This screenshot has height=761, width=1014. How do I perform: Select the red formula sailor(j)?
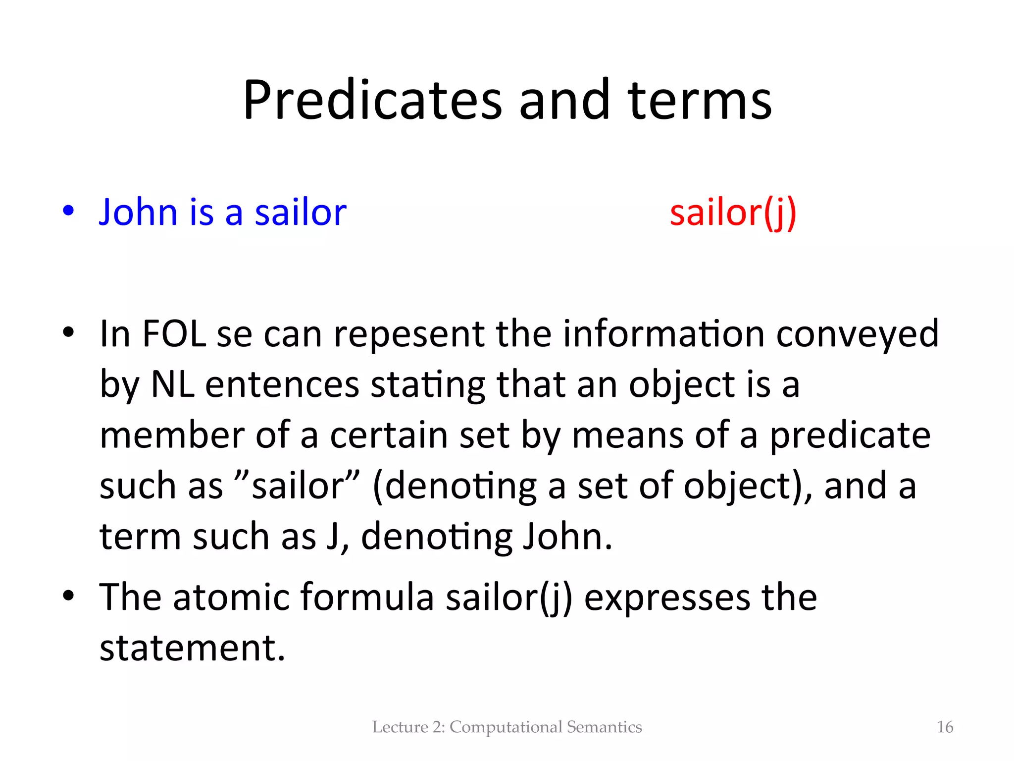click(733, 213)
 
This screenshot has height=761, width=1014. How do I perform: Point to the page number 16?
click(945, 727)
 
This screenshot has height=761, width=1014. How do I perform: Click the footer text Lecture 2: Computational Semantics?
click(507, 727)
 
